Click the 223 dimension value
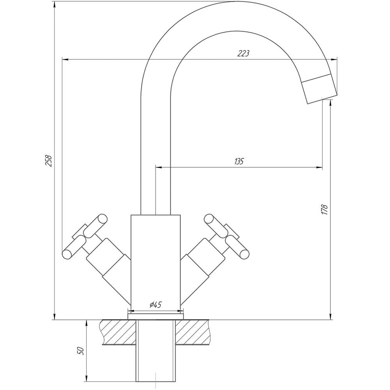(x=243, y=53)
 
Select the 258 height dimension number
(x=48, y=161)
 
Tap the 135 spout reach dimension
(x=239, y=161)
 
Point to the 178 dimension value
(x=324, y=210)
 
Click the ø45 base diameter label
(x=156, y=305)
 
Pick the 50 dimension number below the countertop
(x=81, y=351)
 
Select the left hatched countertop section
(x=119, y=332)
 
